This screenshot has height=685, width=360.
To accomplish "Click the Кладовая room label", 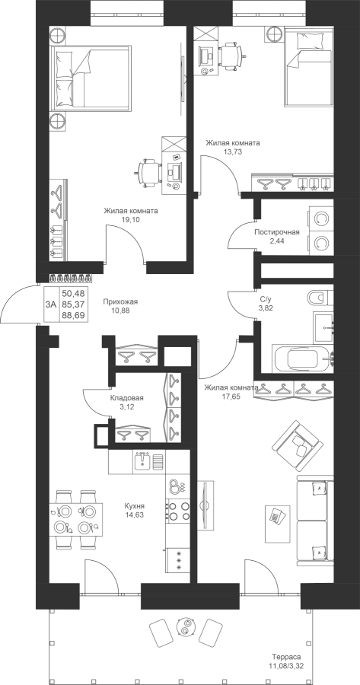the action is [x=126, y=398].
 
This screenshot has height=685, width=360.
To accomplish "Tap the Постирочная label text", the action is [x=277, y=232].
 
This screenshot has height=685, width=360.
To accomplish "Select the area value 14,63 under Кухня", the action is [x=134, y=515].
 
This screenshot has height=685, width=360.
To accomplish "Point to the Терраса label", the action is [x=286, y=657].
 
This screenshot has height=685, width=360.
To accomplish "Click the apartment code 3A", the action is [x=51, y=304].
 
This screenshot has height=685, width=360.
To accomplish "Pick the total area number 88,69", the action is [x=74, y=314].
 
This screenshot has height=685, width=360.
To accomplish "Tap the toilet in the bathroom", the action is [x=320, y=298].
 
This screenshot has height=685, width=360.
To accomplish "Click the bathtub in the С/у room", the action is [x=302, y=358].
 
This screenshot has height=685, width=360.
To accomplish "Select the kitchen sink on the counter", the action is [x=148, y=461].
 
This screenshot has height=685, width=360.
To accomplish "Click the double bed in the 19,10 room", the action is [x=91, y=77].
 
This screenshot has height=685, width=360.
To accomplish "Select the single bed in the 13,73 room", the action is [x=309, y=67].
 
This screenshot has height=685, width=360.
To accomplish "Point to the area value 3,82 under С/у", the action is [x=266, y=307].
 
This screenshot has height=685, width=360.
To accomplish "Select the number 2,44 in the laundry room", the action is [x=277, y=241].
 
